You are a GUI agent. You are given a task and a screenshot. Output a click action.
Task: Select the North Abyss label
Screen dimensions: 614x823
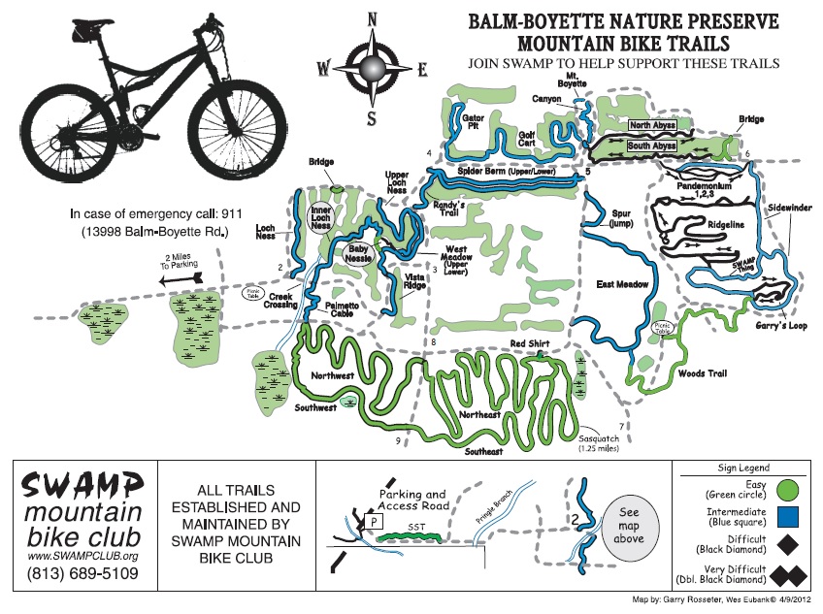coord(652,126)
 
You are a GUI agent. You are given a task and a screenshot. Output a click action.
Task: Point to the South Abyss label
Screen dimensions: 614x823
coord(652,145)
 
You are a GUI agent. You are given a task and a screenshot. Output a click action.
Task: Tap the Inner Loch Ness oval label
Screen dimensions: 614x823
coord(322,217)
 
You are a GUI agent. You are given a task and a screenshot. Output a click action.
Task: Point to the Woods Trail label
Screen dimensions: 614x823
coord(703,373)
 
